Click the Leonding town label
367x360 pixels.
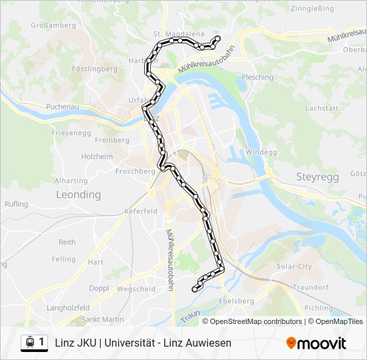78,195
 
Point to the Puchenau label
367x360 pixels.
63,107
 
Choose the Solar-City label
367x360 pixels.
294,266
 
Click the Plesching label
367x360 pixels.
258,77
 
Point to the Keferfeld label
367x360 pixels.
140,211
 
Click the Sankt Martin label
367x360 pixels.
103,319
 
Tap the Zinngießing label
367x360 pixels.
313,10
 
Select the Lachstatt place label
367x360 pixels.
322,107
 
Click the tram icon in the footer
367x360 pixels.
30,342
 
